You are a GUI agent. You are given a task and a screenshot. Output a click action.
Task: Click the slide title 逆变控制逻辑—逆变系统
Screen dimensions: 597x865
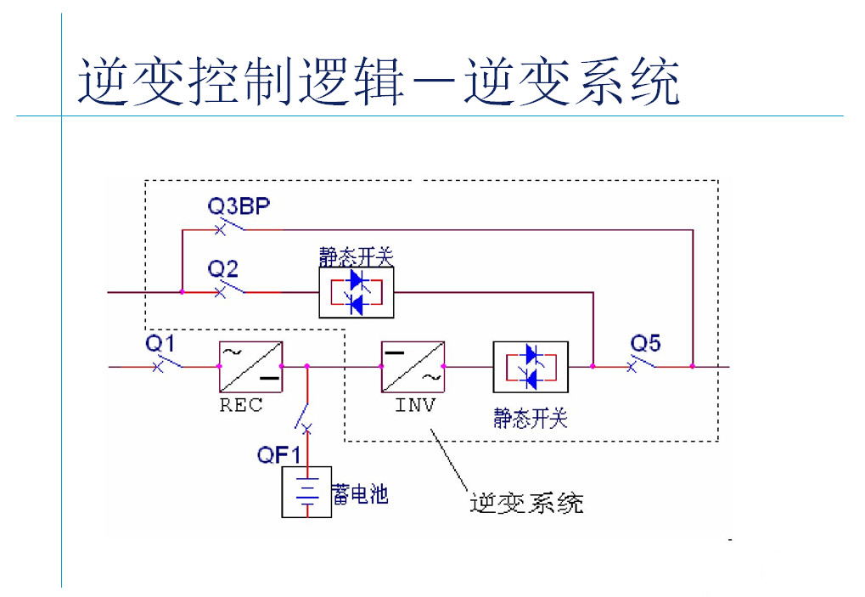[379, 82]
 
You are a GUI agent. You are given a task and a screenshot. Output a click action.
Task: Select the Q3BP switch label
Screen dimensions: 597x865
[239, 206]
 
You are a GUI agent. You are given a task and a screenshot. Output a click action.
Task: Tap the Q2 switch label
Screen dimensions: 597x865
[223, 269]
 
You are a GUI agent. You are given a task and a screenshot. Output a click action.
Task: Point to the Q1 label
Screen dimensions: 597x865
[160, 343]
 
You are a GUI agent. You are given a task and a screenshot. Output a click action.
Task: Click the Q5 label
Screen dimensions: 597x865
[645, 343]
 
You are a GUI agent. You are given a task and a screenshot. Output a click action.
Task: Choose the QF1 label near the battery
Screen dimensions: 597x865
[279, 455]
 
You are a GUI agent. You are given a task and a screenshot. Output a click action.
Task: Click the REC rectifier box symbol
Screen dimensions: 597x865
[250, 366]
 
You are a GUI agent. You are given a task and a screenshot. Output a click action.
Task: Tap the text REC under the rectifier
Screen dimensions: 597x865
[241, 405]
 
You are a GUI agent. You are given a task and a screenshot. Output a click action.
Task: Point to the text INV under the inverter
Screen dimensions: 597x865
[415, 405]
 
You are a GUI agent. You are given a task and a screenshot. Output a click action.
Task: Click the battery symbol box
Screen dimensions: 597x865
[306, 493]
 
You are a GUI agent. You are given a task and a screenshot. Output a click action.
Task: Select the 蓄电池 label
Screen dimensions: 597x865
[361, 493]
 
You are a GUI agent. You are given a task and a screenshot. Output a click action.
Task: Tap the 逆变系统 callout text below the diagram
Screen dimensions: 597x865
[527, 503]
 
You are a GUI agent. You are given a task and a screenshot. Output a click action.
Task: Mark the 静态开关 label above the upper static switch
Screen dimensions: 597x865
[357, 256]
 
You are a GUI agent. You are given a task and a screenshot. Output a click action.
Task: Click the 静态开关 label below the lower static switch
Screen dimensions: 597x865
[531, 418]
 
